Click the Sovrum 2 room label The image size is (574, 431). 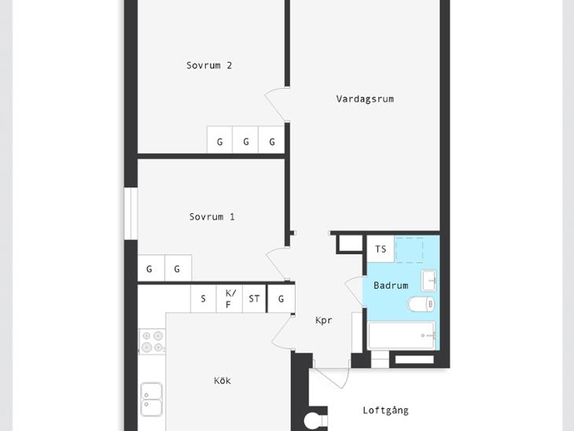pos(209,65)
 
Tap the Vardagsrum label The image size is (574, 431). pos(365,99)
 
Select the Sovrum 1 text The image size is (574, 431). pos(212,217)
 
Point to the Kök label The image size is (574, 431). pos(223,381)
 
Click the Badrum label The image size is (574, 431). pos(391,285)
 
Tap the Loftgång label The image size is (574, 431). pos(385,411)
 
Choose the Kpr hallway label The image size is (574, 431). pos(324,320)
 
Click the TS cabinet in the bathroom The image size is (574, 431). pos(381,249)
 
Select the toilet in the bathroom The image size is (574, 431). pos(421,304)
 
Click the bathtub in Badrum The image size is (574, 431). pos(402,336)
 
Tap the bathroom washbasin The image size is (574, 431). pos(429,281)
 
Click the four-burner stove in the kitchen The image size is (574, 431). pos(153,341)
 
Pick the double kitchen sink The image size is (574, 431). pos(152,399)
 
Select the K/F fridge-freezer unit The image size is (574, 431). pos(229,299)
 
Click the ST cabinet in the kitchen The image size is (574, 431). pos(254,299)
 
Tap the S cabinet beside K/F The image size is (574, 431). pos(204,299)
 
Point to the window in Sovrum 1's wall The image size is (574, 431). pos(131,214)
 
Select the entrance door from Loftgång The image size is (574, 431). pos(331,377)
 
